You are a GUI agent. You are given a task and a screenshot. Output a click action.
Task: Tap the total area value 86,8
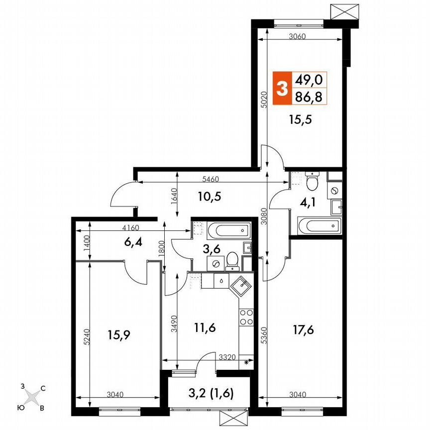[309, 97]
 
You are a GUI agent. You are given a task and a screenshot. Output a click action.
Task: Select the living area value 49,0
[309, 80]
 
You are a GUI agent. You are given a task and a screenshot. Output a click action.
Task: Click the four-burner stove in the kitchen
[246, 317]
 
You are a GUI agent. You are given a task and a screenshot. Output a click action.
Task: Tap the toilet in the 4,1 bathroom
[313, 182]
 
